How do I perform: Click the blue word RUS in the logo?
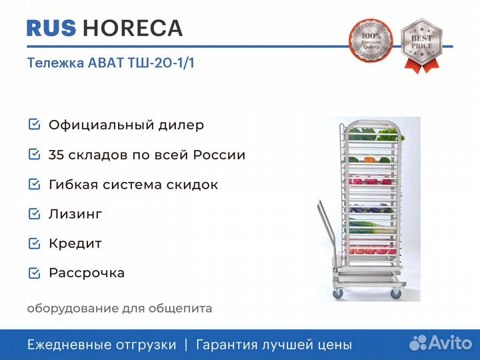(x=51, y=28)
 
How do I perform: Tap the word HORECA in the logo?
(x=133, y=28)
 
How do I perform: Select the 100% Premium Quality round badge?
(x=371, y=41)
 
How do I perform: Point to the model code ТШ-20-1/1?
(x=161, y=63)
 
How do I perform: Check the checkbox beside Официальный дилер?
(x=34, y=124)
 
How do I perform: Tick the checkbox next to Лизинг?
(x=34, y=214)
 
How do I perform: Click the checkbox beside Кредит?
(x=34, y=243)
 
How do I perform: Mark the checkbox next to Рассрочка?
(x=34, y=273)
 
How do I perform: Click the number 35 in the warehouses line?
(x=56, y=155)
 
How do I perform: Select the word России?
(x=219, y=155)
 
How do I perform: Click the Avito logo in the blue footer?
(x=441, y=343)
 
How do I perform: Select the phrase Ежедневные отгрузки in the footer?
(x=101, y=345)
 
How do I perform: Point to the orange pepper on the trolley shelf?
(x=370, y=159)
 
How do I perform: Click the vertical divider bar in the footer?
(x=186, y=345)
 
